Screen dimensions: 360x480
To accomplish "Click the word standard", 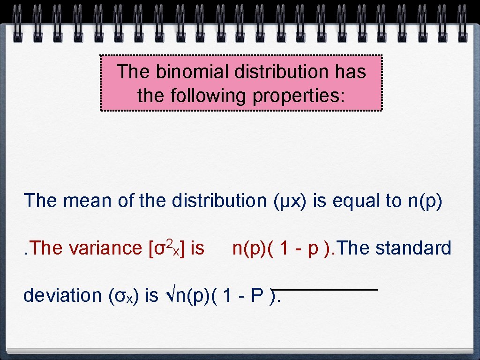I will (413, 248).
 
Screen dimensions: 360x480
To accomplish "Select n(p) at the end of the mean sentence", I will (425, 201).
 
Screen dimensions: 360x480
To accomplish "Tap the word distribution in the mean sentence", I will (219, 201).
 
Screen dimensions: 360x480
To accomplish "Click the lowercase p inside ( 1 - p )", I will (313, 249).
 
